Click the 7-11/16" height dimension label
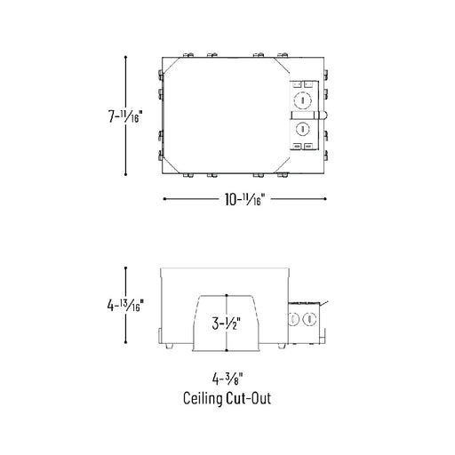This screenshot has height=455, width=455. click(125, 116)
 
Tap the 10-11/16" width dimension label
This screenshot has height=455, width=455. click(243, 199)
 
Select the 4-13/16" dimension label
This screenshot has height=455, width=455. click(125, 305)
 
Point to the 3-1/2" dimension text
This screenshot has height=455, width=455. click(226, 323)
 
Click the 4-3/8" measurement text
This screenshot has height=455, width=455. click(227, 379)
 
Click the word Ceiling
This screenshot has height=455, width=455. click(203, 398)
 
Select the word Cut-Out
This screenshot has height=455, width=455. click(249, 398)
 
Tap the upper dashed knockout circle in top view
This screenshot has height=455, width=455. click(303, 100)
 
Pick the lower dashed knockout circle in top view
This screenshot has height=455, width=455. click(303, 129)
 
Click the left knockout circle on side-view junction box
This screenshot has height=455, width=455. click(293, 319)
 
